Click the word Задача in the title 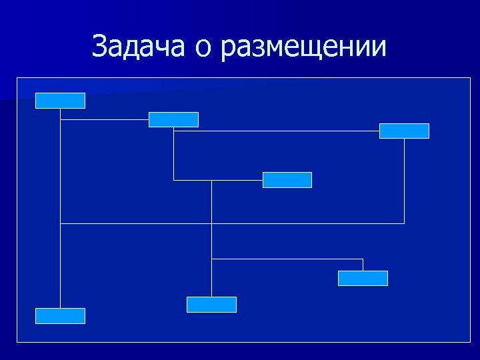(140, 47)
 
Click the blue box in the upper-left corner (60, 100)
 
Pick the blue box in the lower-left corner (60, 316)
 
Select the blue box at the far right (404, 131)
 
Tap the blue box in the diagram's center (287, 180)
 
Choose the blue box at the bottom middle (211, 305)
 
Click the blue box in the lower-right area (363, 278)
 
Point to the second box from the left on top (173, 119)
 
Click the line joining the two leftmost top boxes (104, 120)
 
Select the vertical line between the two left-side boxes (60, 267)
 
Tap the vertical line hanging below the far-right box (404, 180)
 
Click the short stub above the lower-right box (363, 265)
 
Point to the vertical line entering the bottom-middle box (211, 280)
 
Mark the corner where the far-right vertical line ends (404, 223)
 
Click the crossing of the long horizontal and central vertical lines (211, 223)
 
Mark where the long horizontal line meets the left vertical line (60, 223)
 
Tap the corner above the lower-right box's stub (363, 259)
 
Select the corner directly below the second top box (173, 180)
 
